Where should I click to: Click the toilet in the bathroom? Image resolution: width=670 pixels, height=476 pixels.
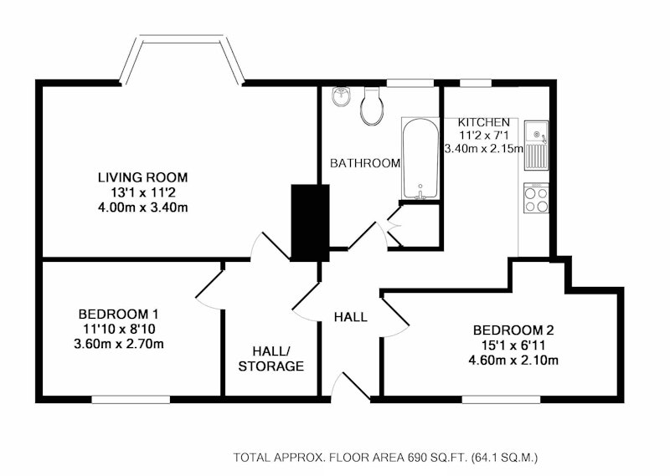(x=370, y=106)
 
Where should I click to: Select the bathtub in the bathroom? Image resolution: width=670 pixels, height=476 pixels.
(x=420, y=158)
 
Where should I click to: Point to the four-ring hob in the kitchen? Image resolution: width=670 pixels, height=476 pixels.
(x=536, y=198)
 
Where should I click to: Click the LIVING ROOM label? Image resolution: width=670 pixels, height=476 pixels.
(x=142, y=177)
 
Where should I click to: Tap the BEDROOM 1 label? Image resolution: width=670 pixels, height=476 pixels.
(x=118, y=315)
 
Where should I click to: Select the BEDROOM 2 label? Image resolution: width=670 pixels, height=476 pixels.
(x=513, y=330)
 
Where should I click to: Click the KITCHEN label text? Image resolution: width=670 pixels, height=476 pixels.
(x=484, y=122)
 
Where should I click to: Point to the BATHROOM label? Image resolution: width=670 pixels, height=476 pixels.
(x=365, y=162)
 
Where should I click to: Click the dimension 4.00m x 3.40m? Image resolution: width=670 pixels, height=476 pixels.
(x=142, y=207)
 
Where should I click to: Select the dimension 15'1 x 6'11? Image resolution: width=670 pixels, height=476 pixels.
(x=513, y=345)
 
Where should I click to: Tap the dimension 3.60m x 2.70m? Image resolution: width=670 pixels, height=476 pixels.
(x=119, y=344)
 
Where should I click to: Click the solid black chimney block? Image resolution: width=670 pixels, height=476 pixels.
(x=310, y=223)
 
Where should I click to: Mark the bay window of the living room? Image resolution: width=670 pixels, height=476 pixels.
(x=182, y=38)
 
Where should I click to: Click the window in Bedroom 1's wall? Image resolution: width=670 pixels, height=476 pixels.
(x=131, y=399)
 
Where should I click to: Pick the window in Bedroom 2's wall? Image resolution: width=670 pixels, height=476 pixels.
(x=501, y=399)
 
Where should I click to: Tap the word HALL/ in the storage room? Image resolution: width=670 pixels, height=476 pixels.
(x=271, y=351)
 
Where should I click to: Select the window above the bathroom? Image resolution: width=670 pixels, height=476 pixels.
(x=410, y=83)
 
